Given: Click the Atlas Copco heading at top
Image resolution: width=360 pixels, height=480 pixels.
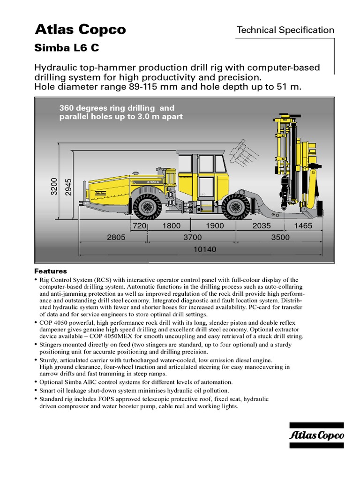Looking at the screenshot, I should pos(80,30).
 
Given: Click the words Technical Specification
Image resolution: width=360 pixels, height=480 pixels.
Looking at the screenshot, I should pos(285,30).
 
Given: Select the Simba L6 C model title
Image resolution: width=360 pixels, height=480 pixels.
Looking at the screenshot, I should pos(67,48).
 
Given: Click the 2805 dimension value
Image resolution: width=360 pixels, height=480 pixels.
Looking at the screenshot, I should pos(116,237).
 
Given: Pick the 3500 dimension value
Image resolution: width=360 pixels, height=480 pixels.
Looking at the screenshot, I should pos(280,237).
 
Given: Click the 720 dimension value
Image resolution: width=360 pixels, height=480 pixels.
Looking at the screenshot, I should pos(140,225).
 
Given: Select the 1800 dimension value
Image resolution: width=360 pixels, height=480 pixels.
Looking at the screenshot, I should pos(171,225).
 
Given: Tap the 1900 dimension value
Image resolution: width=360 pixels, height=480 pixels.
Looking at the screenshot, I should pos(215,225).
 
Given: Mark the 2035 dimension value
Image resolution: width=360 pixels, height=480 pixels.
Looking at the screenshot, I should pos(262,225).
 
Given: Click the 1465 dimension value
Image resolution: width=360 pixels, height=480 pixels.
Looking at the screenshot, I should pos(302,225).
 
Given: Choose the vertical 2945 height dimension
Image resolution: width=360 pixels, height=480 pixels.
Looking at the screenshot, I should pos(69,187).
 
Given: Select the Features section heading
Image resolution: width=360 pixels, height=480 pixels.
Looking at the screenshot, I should pos(51,271).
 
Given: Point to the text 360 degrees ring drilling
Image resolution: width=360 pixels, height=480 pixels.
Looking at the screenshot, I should pos(116,108).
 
